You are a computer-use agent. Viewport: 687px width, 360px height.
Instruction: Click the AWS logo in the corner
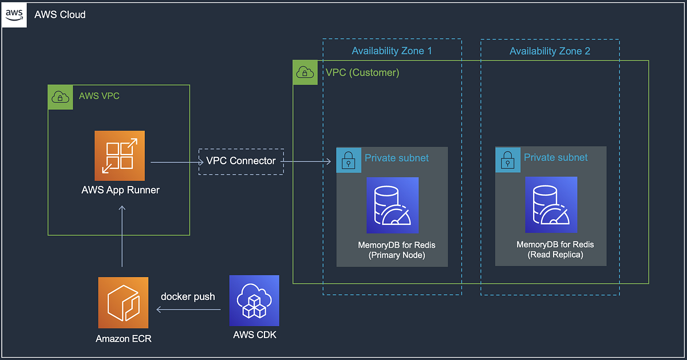point(15,15)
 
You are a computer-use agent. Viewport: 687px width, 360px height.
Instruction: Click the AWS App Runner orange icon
point(120,156)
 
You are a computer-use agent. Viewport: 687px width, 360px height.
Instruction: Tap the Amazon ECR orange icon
point(123,302)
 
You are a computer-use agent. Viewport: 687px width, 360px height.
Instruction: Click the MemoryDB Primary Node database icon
point(392,205)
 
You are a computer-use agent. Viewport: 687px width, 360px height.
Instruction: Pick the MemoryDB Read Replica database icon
point(551,205)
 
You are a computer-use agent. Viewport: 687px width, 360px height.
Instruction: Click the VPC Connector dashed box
point(241,161)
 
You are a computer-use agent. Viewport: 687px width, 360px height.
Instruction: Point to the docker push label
point(188,296)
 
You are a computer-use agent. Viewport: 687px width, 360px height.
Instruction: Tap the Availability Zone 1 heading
point(392,51)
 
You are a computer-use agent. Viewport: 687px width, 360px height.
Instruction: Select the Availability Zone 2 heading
point(550,51)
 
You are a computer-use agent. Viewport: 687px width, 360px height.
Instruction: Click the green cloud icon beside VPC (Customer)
point(305,73)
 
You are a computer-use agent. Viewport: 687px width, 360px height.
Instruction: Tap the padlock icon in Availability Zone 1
point(348,159)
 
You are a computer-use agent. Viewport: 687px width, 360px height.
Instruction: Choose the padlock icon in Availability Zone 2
point(507,159)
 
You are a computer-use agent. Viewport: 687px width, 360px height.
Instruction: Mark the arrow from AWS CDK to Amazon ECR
point(189,310)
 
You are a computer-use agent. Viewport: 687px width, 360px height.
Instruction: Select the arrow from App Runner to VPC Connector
point(174,162)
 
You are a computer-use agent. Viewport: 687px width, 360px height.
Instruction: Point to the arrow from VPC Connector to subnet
point(307,162)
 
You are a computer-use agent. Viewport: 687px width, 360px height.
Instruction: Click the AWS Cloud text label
point(60,15)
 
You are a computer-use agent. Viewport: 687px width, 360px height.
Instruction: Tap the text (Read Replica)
point(555,255)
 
